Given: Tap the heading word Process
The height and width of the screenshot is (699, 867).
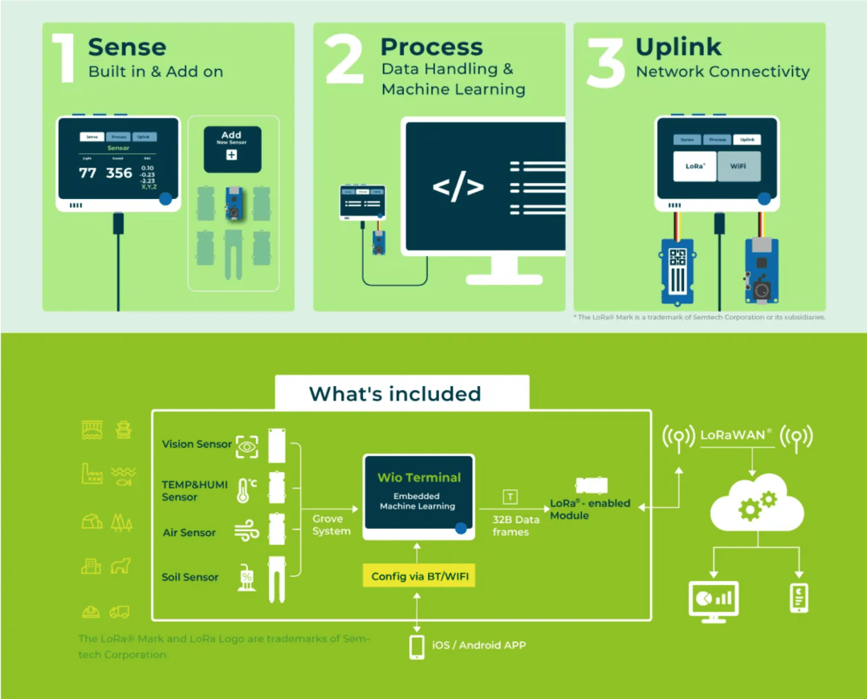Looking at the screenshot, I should (431, 47).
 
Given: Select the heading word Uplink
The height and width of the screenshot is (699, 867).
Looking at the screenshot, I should (678, 47).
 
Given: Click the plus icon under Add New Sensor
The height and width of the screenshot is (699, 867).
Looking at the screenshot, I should (231, 155).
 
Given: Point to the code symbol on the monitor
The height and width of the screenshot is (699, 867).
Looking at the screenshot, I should (458, 187).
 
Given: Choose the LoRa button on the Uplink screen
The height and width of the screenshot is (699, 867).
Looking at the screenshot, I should (694, 166).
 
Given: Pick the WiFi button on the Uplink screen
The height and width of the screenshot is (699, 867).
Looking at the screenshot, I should (738, 166).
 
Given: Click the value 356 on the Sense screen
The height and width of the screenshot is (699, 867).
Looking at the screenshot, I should (119, 173).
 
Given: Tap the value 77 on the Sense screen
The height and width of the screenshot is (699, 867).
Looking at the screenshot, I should (88, 173).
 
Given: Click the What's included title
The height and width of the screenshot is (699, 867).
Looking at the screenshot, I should (395, 394).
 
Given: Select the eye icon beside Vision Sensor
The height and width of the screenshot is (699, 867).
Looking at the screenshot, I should (246, 444).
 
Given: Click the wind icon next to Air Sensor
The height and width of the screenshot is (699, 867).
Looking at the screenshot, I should (246, 531).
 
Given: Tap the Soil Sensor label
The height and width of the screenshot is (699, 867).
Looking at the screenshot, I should (190, 577).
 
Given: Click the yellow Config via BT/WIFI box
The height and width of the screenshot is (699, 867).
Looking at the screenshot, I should (418, 576).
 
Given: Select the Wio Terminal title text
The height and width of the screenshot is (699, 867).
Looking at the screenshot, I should (419, 478).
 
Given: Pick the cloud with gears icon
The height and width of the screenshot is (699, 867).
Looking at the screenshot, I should (756, 504).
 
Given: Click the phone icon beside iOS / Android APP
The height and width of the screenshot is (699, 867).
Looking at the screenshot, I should (417, 646).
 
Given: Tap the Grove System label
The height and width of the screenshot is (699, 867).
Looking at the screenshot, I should (332, 525).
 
